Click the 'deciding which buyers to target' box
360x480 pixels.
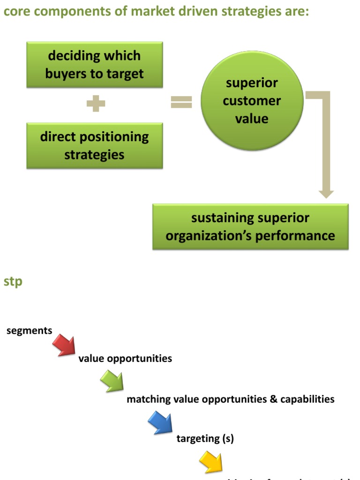(94, 65)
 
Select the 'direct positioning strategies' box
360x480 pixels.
(94, 146)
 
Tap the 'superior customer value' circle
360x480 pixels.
(251, 101)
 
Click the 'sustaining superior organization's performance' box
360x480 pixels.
(250, 226)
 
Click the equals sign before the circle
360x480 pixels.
(181, 102)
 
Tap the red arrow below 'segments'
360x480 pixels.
(64, 345)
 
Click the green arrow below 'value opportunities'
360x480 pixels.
(112, 381)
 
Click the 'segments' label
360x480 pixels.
(29, 330)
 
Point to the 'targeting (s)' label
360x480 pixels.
(205, 439)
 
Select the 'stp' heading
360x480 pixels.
(13, 282)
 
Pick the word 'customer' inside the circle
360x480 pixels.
(252, 101)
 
